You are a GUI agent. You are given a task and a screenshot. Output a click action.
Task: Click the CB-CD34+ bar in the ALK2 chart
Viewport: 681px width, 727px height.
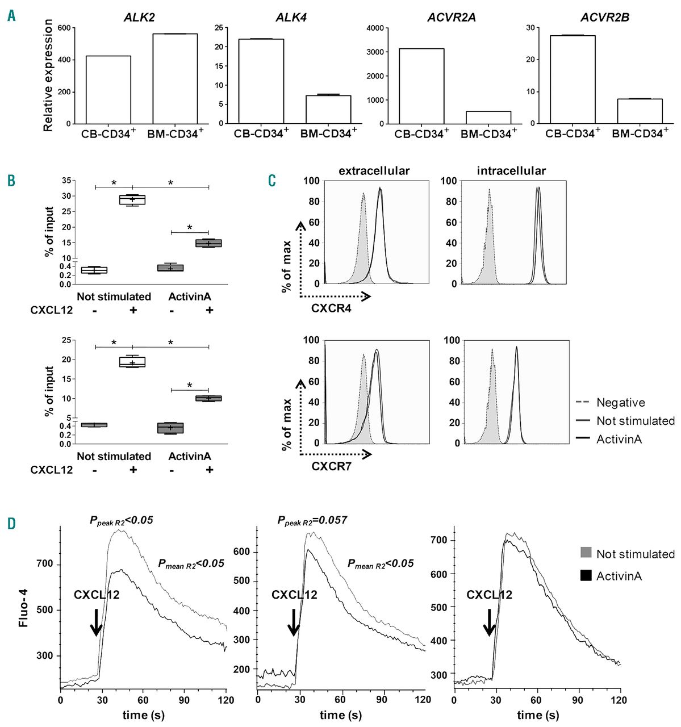108,90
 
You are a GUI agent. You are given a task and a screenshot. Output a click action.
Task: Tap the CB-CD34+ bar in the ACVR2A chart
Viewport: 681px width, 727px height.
421,86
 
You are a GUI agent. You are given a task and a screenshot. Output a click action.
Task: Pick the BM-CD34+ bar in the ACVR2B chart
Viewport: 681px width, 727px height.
640,111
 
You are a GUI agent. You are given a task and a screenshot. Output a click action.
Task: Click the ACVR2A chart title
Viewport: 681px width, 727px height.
452,17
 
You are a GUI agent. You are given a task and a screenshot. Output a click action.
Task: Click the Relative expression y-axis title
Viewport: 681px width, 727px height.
48,76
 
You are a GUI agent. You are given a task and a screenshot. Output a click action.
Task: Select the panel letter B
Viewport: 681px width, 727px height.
11,181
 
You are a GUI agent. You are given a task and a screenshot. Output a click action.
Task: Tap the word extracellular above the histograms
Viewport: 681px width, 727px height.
374,170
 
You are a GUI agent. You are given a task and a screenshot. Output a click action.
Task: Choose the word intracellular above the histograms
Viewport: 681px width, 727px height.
511,170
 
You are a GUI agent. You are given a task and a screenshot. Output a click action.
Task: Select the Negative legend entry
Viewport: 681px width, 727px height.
620,403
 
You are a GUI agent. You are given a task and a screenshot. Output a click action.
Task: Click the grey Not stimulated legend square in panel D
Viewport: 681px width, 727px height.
586,553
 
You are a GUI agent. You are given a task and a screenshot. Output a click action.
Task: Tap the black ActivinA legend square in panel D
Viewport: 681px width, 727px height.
586,575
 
